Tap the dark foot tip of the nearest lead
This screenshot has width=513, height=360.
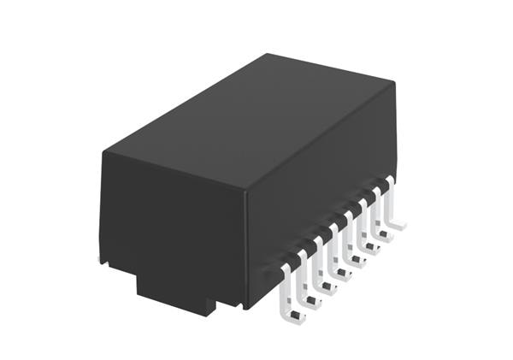[295, 318]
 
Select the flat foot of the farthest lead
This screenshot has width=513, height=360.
[398, 225]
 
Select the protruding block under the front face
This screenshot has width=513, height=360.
[175, 291]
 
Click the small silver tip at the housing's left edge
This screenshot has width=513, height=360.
[100, 257]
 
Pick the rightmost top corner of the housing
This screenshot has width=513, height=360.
[395, 83]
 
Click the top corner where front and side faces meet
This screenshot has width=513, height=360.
[245, 191]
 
